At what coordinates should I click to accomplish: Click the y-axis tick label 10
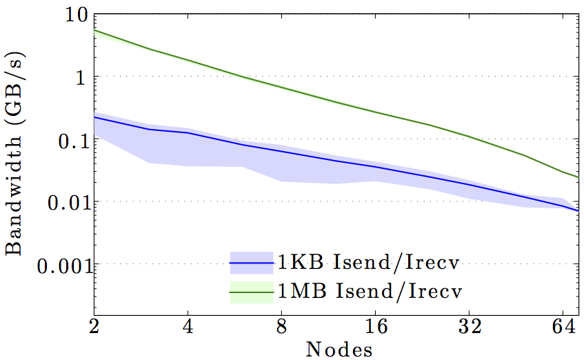click(74, 14)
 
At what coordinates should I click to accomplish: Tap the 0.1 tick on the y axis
click(70, 139)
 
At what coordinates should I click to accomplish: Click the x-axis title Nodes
click(339, 349)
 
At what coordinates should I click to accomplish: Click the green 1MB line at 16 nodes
click(376, 112)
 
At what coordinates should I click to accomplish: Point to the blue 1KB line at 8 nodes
click(282, 150)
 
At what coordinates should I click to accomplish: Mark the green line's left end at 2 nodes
click(95, 30)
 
